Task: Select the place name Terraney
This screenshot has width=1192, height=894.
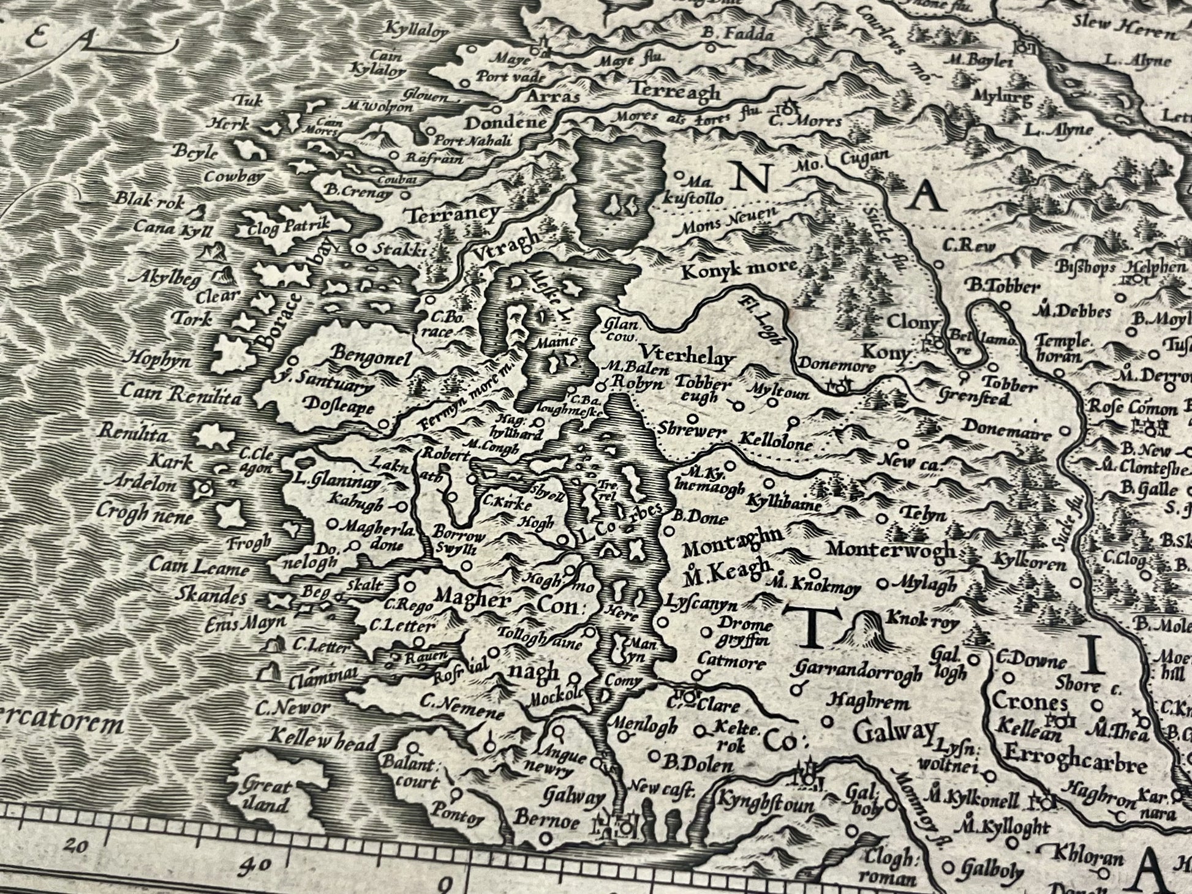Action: (453, 215)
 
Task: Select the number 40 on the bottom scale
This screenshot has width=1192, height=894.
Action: (255, 865)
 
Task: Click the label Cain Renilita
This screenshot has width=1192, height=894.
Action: (181, 393)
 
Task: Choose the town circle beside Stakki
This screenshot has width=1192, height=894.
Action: (361, 248)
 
